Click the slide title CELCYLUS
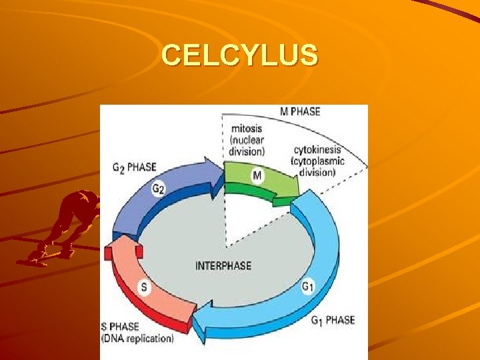tap(240, 55)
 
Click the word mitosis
tap(247, 128)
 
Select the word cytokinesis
tap(317, 149)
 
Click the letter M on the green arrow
tap(257, 176)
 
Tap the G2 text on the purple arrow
tap(159, 189)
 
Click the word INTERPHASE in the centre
tap(223, 266)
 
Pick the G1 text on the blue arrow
tap(308, 287)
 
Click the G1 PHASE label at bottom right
tap(333, 321)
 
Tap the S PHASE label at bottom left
tap(120, 327)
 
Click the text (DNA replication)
tap(137, 339)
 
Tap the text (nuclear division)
tap(247, 145)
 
